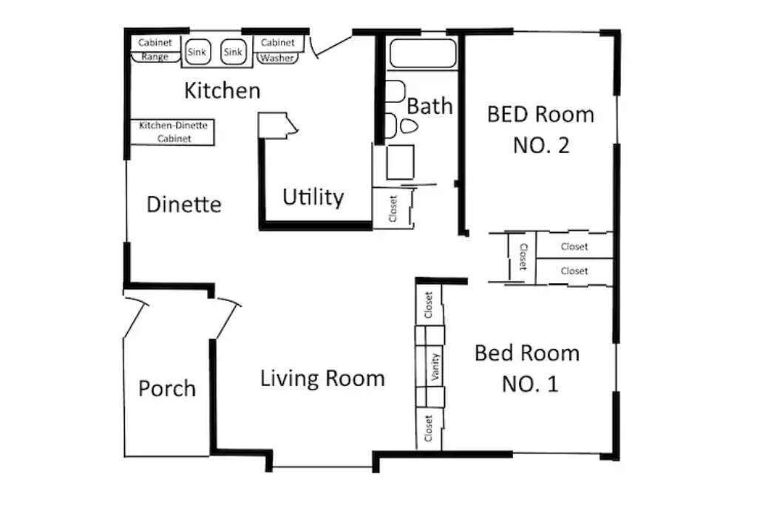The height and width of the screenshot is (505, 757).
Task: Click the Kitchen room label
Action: point(222,91)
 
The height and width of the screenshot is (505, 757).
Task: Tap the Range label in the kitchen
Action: point(155,57)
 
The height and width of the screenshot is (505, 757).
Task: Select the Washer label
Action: point(277,58)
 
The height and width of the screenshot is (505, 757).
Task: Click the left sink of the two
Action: point(197,52)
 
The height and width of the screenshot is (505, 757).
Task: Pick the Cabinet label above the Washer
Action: point(278,42)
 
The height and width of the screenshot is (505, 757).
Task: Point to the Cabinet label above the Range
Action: point(155,42)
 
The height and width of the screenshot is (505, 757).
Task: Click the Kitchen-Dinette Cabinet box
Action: point(173,132)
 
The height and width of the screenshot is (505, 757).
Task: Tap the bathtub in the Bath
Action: point(422,52)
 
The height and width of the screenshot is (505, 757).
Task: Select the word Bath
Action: point(430,106)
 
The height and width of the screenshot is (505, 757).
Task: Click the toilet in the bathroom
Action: point(408,126)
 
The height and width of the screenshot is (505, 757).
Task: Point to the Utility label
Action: point(313,197)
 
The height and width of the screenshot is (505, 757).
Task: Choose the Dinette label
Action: point(184,205)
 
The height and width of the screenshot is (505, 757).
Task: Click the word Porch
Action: point(167,389)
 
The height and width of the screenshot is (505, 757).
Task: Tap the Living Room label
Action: point(322,379)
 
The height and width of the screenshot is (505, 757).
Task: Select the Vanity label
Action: point(435,367)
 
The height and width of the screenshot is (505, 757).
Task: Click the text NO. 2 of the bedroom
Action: point(541,146)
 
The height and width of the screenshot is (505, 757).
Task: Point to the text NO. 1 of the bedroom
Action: point(530,384)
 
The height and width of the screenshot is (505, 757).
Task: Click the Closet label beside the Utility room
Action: point(393,209)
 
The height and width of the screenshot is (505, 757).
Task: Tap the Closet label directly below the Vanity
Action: point(428,428)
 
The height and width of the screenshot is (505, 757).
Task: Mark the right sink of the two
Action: point(233,52)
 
